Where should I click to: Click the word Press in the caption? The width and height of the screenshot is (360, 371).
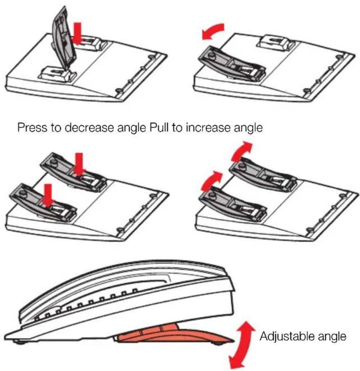[x=32, y=127]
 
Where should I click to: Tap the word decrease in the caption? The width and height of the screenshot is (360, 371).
[x=89, y=127]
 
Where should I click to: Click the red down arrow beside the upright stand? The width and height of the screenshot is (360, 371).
[x=77, y=33]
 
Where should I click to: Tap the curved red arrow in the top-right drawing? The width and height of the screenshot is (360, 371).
[x=213, y=31]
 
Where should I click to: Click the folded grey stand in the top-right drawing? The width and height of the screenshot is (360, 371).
[x=231, y=63]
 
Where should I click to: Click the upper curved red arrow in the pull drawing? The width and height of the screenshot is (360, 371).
[x=242, y=151]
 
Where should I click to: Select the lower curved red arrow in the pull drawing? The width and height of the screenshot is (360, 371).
[x=211, y=180]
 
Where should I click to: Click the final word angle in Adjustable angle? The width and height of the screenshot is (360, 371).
[x=332, y=337]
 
